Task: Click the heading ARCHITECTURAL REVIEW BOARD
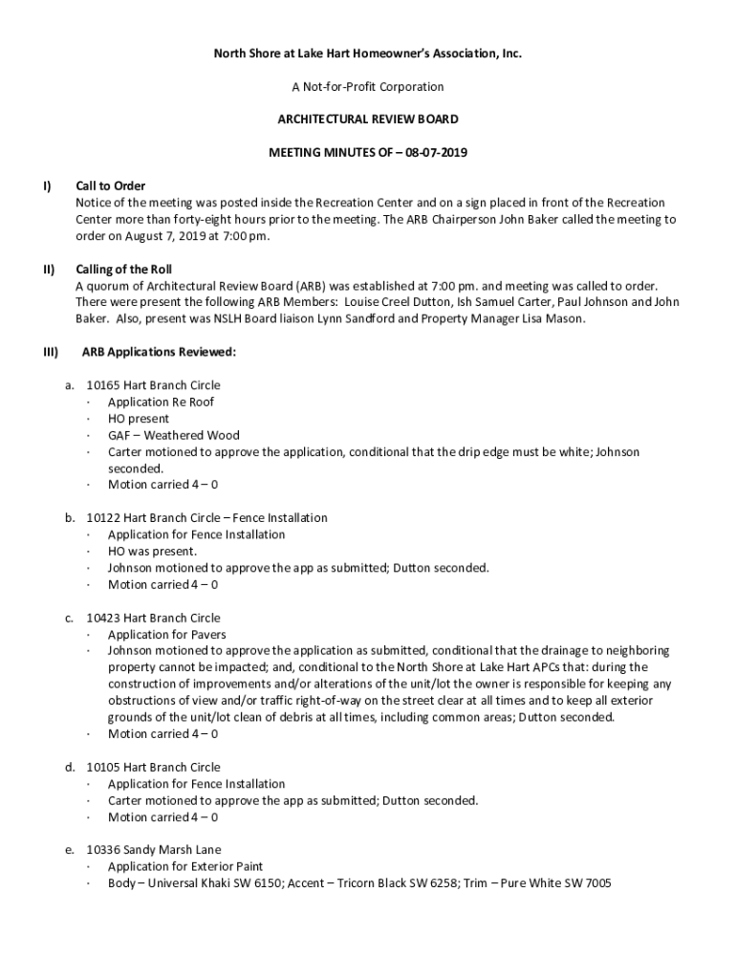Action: click(367, 120)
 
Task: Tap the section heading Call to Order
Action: click(110, 185)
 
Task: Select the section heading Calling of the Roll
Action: click(123, 269)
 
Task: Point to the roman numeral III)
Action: click(52, 352)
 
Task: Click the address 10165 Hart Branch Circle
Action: click(153, 385)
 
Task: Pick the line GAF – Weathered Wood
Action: click(173, 435)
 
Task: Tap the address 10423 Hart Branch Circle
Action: click(153, 618)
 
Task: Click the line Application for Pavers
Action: click(166, 634)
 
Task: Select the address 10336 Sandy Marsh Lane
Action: click(153, 849)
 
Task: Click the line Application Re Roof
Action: click(161, 402)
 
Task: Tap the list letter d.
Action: click(70, 767)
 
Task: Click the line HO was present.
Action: click(152, 551)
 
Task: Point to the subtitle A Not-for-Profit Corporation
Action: click(367, 87)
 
